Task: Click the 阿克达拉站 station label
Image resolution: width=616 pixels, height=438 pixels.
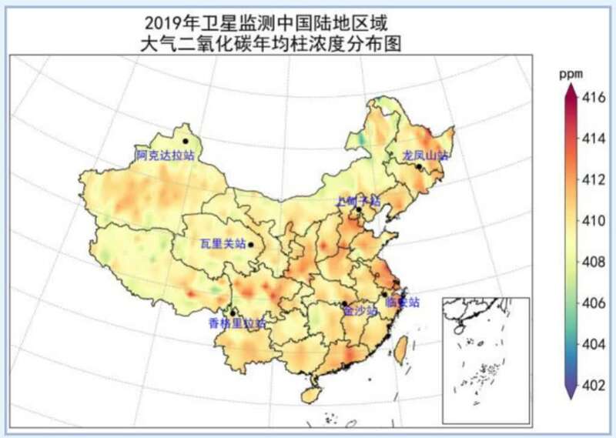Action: (165, 155)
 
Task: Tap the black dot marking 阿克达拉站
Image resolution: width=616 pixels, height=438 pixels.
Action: (186, 141)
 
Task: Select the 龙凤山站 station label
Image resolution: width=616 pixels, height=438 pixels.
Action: (425, 155)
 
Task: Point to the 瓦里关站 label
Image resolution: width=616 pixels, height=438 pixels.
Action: (222, 244)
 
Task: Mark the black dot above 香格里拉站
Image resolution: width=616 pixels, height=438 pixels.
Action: (233, 313)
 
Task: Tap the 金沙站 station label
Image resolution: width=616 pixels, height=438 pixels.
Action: (360, 312)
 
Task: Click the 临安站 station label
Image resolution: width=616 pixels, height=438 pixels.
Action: (402, 302)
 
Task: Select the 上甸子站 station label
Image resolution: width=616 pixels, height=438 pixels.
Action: (358, 200)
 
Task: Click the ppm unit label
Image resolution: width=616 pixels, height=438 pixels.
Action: (570, 74)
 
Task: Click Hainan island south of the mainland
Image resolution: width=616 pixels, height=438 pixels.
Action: (310, 395)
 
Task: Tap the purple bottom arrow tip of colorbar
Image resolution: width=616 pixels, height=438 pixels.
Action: (570, 396)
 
